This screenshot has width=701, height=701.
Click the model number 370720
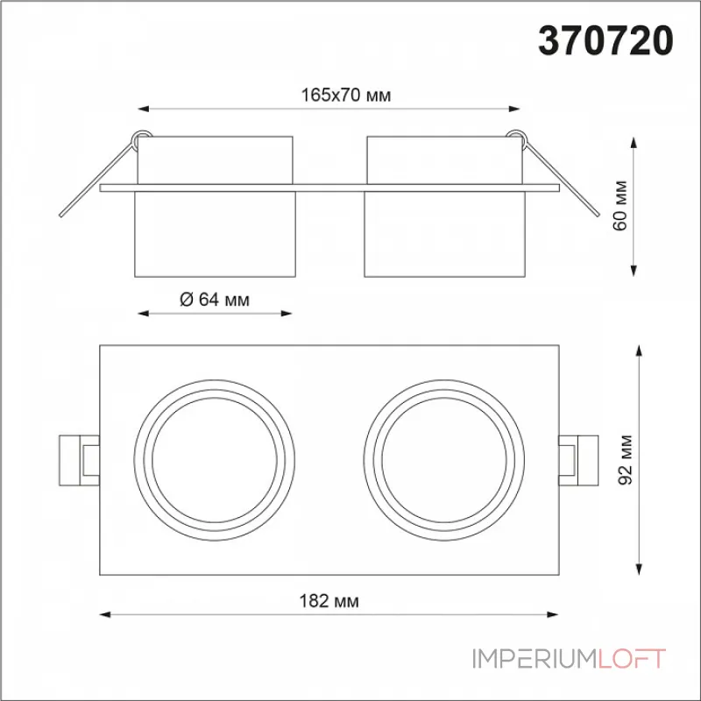tap(605, 40)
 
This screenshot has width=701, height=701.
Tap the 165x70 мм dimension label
tap(345, 96)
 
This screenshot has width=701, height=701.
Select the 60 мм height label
tap(620, 206)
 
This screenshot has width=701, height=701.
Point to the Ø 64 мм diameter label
tap(215, 299)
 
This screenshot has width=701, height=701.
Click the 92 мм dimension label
tap(626, 459)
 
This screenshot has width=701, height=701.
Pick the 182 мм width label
tap(329, 601)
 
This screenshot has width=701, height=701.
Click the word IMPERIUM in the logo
tap(535, 659)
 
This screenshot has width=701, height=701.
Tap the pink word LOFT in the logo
tap(632, 659)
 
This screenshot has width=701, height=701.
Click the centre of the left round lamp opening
tap(215, 460)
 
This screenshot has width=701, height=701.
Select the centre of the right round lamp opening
tap(444, 460)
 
